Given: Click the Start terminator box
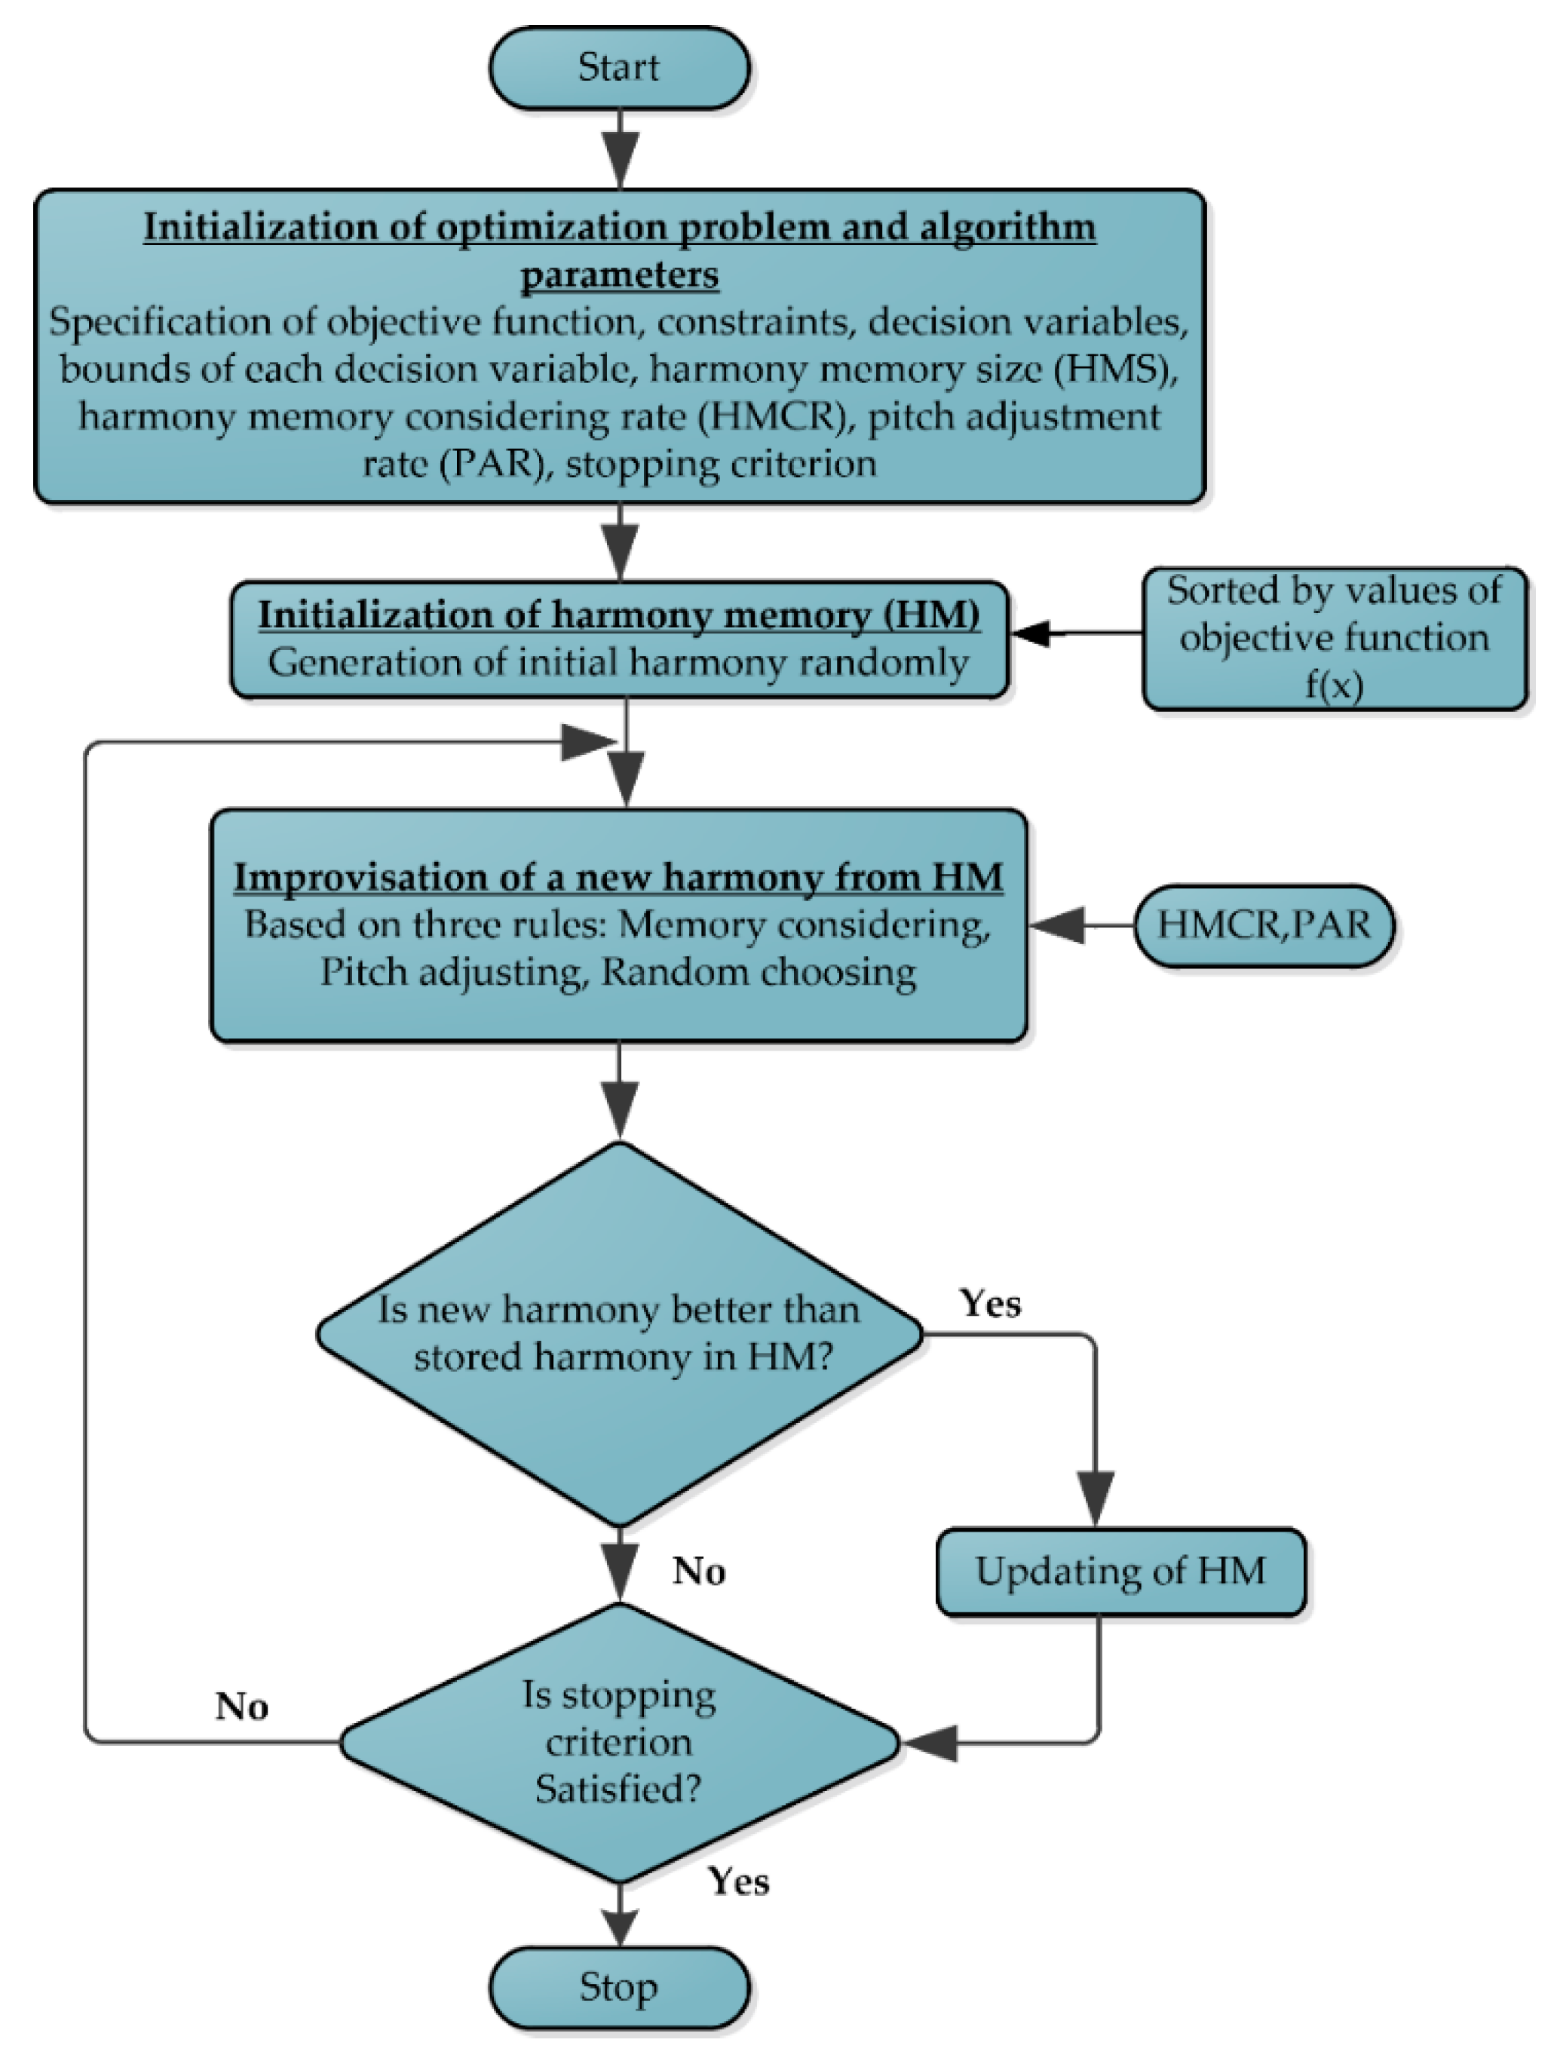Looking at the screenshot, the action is click(620, 68).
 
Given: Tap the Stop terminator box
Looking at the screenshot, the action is click(620, 1987).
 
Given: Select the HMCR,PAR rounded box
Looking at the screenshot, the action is click(1264, 925).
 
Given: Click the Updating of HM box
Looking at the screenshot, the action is click(1121, 1571).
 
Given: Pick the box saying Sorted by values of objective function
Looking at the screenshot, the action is click(1335, 638).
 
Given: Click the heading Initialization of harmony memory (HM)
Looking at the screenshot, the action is click(619, 615).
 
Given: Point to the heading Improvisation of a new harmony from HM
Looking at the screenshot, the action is click(619, 877).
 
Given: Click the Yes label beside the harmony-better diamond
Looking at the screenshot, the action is click(991, 1304).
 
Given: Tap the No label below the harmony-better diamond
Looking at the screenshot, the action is click(699, 1571).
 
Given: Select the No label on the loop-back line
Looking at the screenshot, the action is click(242, 1706).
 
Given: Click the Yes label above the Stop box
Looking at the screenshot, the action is click(739, 1882).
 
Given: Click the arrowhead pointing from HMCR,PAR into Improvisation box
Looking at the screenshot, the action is click(1058, 925).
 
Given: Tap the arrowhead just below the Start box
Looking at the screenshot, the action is click(621, 161).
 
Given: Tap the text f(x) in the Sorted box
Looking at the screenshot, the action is click(1335, 685).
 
